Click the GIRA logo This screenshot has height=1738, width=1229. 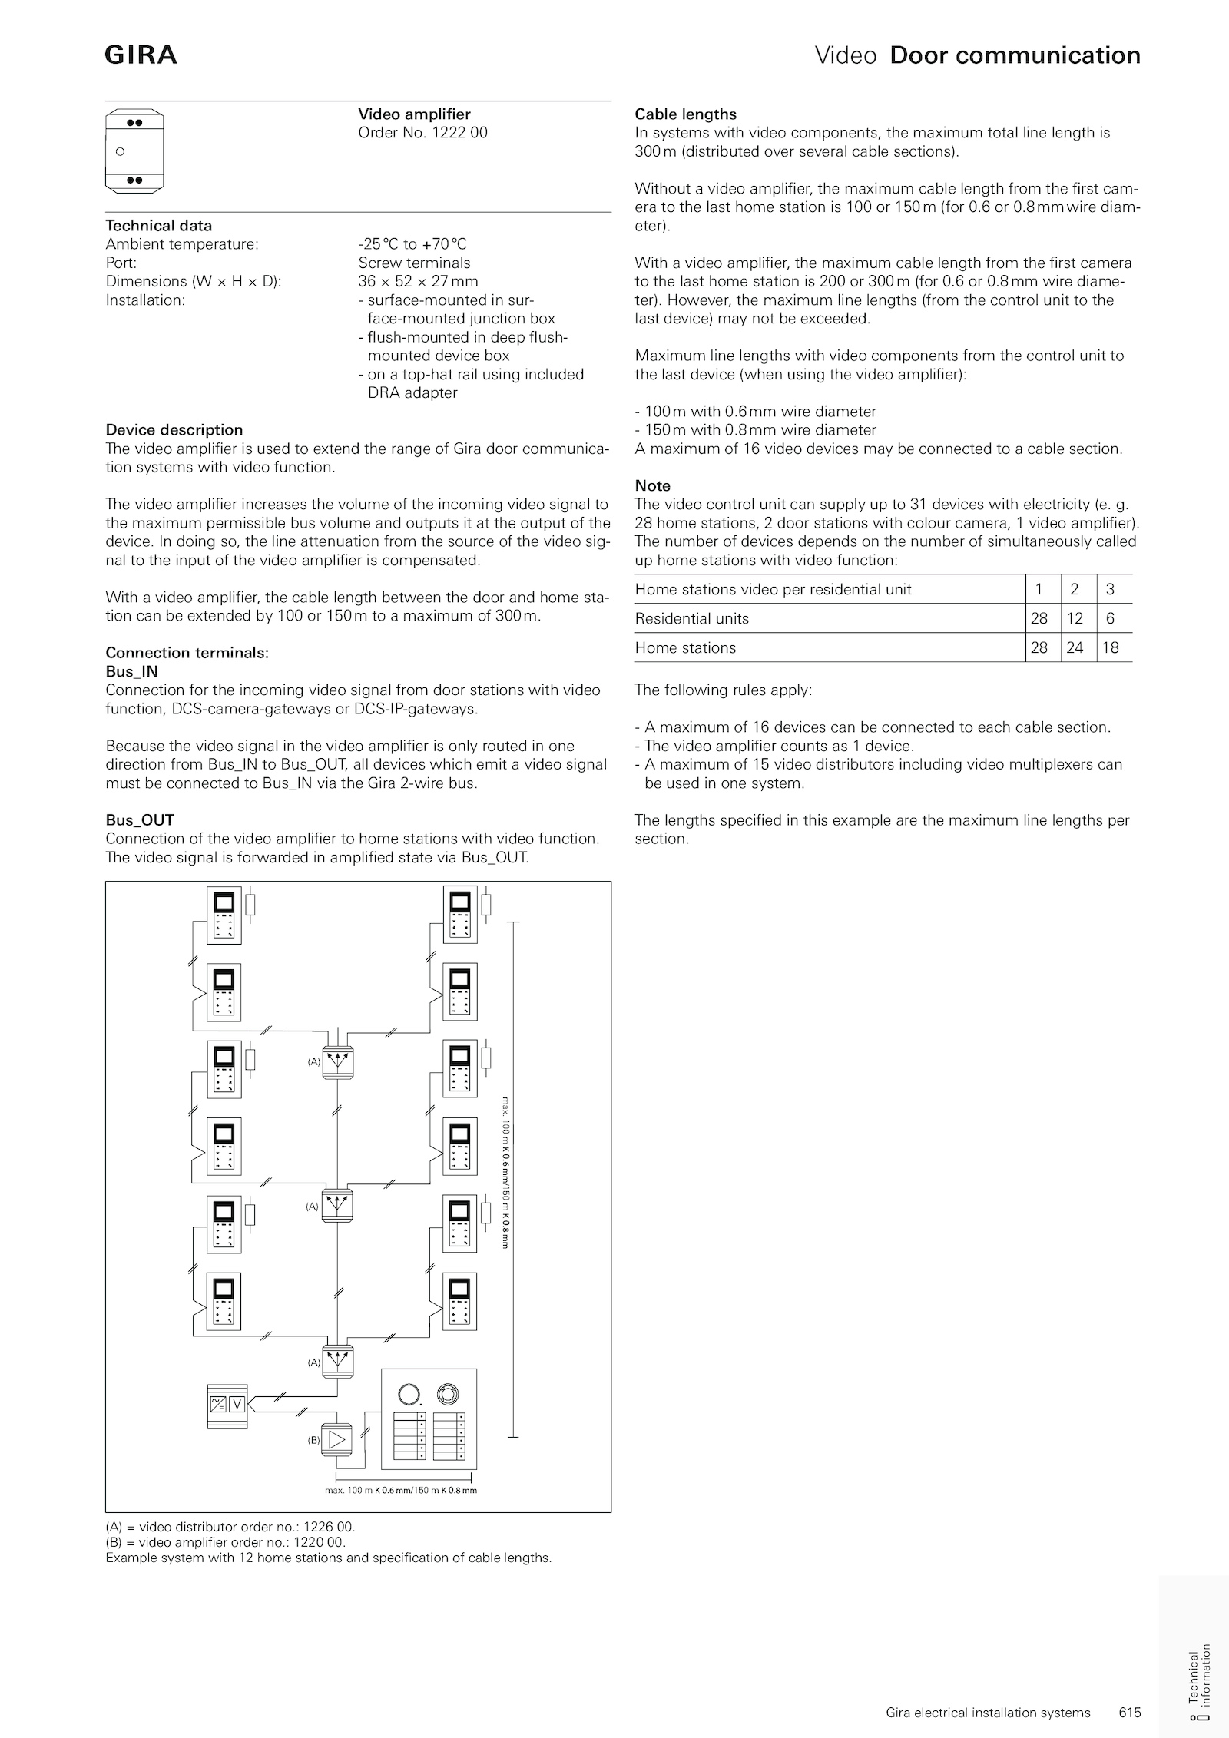click(x=141, y=55)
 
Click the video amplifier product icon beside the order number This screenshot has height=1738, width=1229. click(x=134, y=151)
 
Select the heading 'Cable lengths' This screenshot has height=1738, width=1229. click(x=685, y=114)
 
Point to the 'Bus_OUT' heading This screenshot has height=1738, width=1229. click(x=140, y=819)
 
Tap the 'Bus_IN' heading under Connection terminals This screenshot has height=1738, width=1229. click(x=131, y=671)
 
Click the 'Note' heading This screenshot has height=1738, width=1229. click(x=652, y=485)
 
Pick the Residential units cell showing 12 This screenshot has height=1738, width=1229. click(x=1075, y=618)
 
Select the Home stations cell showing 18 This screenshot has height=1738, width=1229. click(x=1110, y=647)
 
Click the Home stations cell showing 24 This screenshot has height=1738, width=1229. click(x=1075, y=647)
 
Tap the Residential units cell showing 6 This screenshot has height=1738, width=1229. click(x=1110, y=618)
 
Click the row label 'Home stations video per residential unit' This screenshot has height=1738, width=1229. click(x=773, y=589)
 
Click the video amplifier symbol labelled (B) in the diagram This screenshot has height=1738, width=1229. click(x=336, y=1440)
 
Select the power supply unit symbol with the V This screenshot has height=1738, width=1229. click(x=228, y=1405)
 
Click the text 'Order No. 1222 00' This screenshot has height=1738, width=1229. click(x=422, y=133)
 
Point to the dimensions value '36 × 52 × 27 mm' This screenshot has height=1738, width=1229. click(x=418, y=281)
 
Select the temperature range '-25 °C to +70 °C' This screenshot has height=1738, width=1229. click(x=412, y=244)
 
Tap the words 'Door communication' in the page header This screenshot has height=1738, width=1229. click(x=1015, y=55)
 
